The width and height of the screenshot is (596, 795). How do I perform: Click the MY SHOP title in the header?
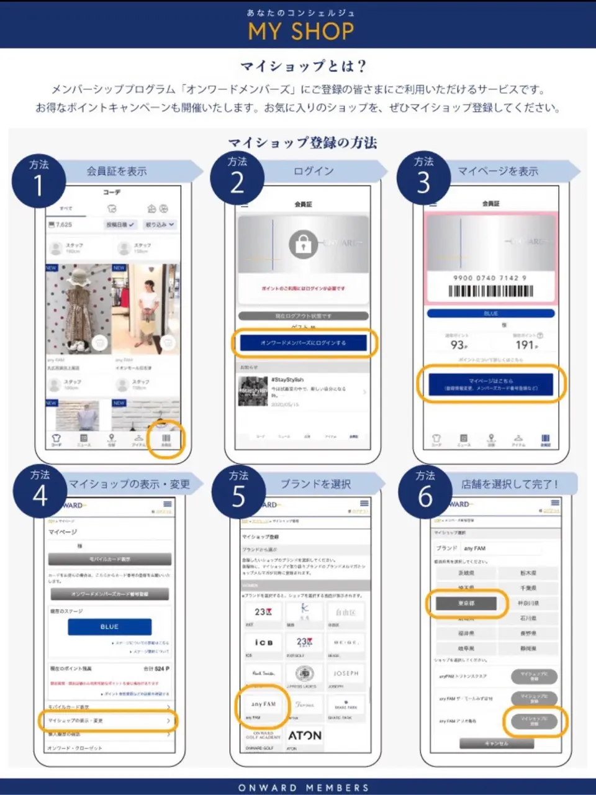pos(301,31)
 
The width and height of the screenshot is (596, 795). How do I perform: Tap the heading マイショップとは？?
pos(304,66)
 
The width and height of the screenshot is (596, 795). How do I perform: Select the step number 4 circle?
pos(40,495)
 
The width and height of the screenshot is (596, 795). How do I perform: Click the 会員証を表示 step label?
pos(117,171)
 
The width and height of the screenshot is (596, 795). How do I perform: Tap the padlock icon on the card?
pos(303,245)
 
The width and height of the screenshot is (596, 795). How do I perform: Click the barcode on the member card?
pos(490,291)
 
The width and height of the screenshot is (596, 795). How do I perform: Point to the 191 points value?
pos(526,345)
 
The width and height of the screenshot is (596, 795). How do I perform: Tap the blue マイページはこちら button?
pos(491,384)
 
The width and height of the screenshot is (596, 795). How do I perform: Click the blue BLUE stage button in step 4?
pos(109,627)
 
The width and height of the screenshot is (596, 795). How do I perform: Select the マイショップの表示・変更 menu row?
pos(109,720)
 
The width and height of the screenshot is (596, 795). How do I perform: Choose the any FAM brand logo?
pos(263,705)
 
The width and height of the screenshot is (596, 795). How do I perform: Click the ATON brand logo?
pos(305,735)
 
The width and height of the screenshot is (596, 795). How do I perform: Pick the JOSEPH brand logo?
pos(346,673)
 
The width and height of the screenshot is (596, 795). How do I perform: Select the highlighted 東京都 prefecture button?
pos(466,603)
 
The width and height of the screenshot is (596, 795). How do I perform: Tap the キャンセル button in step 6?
pos(496,743)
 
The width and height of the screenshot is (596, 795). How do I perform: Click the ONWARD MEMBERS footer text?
pos(303,787)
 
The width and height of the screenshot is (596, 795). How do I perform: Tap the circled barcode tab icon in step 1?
pos(166,439)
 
